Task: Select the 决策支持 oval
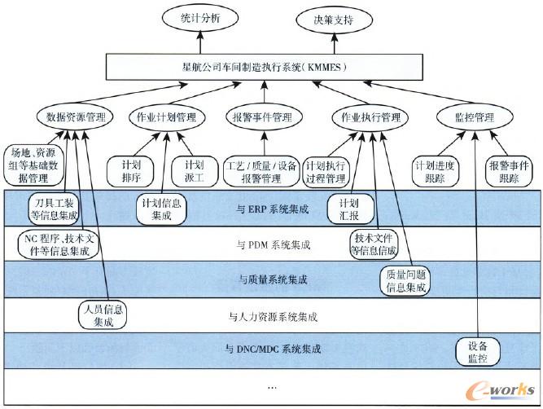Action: [x=334, y=19]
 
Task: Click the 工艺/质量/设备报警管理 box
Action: [x=261, y=169]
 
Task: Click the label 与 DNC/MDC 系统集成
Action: [x=273, y=350]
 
